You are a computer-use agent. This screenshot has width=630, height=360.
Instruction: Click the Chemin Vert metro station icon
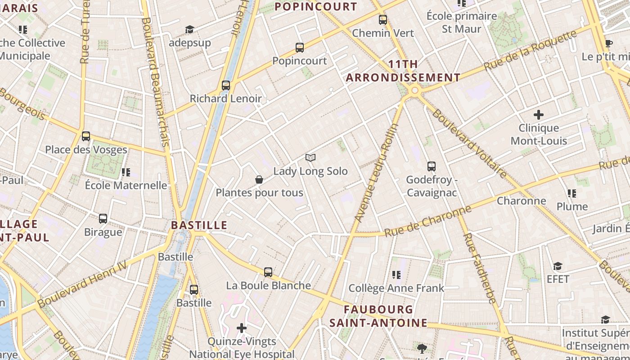pyautogui.click(x=383, y=20)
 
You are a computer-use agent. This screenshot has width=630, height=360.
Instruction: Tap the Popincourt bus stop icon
pyautogui.click(x=300, y=48)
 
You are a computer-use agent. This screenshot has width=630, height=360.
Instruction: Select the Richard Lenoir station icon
pyautogui.click(x=226, y=85)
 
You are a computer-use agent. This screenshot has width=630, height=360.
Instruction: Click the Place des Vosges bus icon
pyautogui.click(x=86, y=136)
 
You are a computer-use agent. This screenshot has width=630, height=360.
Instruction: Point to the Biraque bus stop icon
pyautogui.click(x=103, y=219)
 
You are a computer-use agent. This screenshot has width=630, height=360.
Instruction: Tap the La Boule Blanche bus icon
pyautogui.click(x=268, y=272)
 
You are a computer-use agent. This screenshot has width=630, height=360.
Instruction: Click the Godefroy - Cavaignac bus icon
pyautogui.click(x=432, y=166)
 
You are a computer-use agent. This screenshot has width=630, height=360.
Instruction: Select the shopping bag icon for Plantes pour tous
pyautogui.click(x=259, y=180)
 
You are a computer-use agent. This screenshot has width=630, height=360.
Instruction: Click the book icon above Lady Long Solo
pyautogui.click(x=310, y=157)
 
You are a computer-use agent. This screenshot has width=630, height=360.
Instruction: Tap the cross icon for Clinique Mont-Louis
pyautogui.click(x=538, y=115)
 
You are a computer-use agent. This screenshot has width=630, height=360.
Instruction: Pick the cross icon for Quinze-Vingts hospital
pyautogui.click(x=242, y=328)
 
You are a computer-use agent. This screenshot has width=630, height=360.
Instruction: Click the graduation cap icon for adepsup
pyautogui.click(x=189, y=30)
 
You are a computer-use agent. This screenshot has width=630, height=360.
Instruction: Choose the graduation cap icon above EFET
pyautogui.click(x=558, y=266)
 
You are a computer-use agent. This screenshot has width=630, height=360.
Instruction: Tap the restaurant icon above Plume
pyautogui.click(x=572, y=193)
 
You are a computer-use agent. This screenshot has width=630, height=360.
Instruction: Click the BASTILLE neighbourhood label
pyautogui.click(x=199, y=225)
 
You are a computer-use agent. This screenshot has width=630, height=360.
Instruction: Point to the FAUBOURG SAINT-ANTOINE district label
pyautogui.click(x=378, y=316)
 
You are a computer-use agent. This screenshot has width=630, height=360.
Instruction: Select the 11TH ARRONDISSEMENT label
pyautogui.click(x=403, y=71)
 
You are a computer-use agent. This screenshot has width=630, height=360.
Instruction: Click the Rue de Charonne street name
pyautogui.click(x=427, y=221)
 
